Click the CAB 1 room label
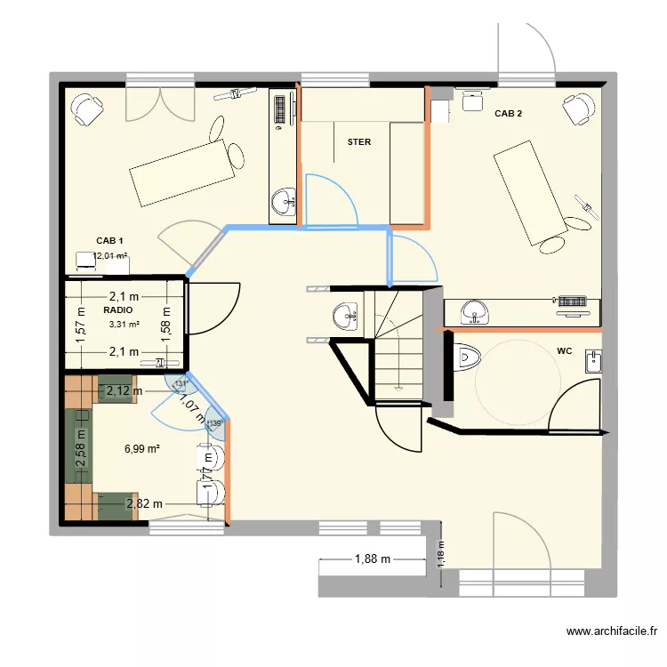pyautogui.click(x=109, y=241)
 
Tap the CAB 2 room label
pyautogui.click(x=508, y=114)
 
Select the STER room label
pyautogui.click(x=359, y=142)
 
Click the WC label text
pyautogui.click(x=564, y=351)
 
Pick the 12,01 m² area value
pyautogui.click(x=110, y=256)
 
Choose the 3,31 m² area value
pyautogui.click(x=124, y=325)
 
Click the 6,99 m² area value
pyautogui.click(x=142, y=449)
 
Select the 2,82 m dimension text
pyautogui.click(x=145, y=504)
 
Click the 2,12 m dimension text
pyautogui.click(x=124, y=390)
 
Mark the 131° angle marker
pyautogui.click(x=181, y=384)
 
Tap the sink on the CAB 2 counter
pyautogui.click(x=476, y=312)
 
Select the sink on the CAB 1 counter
pyautogui.click(x=284, y=202)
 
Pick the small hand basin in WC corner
pyautogui.click(x=593, y=360)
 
